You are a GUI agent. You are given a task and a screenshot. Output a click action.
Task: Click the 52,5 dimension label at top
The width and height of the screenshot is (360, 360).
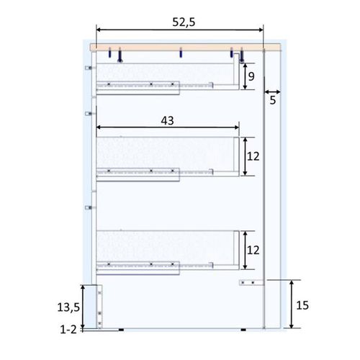(x=184, y=22)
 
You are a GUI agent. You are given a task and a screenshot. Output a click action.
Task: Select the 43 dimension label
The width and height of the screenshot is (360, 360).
(x=167, y=121)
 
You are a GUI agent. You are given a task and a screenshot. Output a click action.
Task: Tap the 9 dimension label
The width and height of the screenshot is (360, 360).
(x=251, y=76)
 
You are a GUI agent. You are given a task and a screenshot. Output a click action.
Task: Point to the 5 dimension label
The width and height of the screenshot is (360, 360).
(x=273, y=100)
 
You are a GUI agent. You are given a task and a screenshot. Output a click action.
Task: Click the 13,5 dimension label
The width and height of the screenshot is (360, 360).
(x=68, y=307)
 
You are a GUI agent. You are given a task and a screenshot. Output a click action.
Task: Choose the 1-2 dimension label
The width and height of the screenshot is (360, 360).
(x=68, y=330)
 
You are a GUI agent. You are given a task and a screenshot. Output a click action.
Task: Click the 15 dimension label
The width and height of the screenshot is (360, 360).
(x=302, y=305)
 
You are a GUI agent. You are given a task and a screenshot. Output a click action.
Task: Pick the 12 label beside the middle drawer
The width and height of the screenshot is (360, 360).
(x=253, y=156)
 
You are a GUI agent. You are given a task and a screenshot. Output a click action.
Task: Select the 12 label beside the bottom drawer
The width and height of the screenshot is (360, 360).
(x=253, y=251)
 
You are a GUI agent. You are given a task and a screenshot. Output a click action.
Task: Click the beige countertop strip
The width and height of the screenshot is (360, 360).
(x=185, y=48)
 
